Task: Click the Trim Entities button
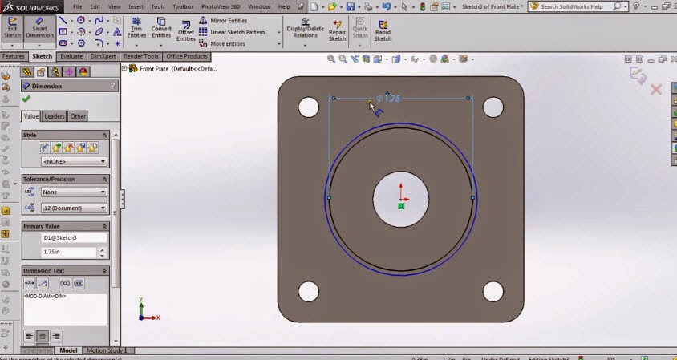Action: (136, 30)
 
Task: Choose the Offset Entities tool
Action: (185, 30)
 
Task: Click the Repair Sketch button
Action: (337, 31)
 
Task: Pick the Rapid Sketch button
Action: (383, 31)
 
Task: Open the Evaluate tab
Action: (71, 57)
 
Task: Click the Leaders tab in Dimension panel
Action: (55, 116)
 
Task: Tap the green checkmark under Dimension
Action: (26, 99)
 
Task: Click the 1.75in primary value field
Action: (67, 252)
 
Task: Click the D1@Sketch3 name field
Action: (74, 238)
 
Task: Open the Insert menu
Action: (136, 6)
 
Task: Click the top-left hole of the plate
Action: (309, 107)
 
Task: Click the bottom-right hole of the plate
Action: (493, 290)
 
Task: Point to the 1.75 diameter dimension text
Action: (390, 99)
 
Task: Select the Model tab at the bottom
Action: (68, 350)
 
